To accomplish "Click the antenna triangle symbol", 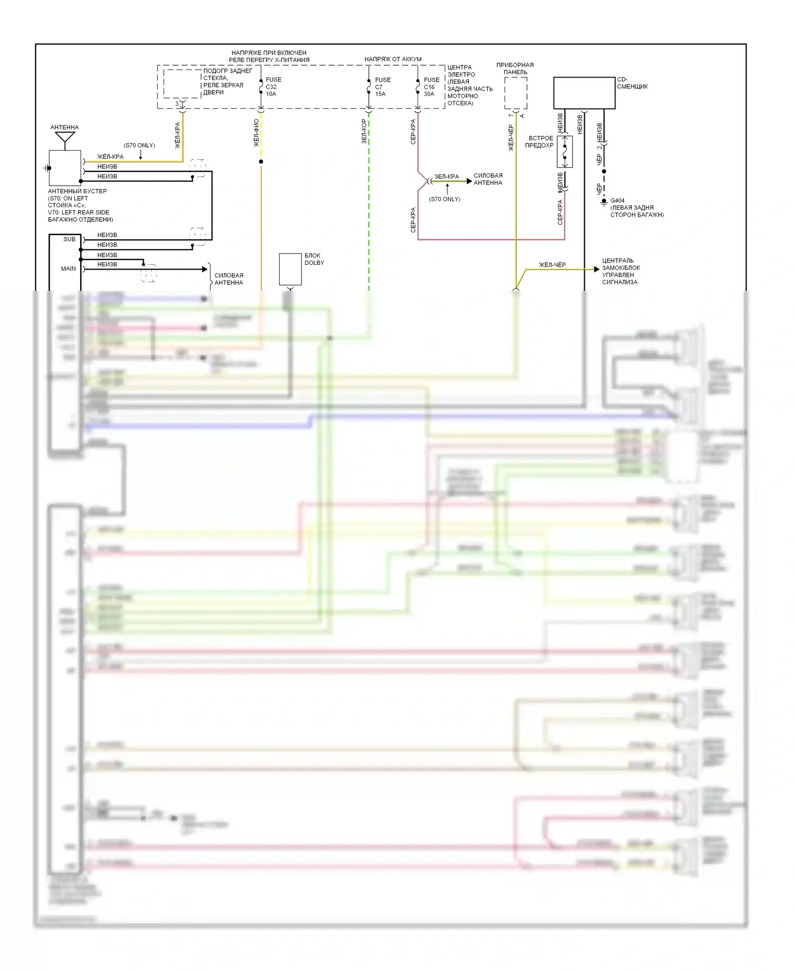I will [65, 137].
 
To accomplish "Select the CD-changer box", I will [584, 93].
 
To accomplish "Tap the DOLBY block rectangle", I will [290, 269].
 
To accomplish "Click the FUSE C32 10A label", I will [273, 86].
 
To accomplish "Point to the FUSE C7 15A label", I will [382, 86].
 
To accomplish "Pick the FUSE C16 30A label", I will [431, 86].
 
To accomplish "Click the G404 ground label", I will [617, 201].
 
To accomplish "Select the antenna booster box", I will [65, 168].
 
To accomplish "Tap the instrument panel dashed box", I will [515, 93].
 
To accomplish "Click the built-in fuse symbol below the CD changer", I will [565, 151].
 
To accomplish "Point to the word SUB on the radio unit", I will [70, 239].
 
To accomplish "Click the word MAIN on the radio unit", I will [68, 269].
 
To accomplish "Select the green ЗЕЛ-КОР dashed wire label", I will [364, 131].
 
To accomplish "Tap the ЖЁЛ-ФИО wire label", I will [256, 133].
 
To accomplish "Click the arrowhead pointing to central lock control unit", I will [596, 270].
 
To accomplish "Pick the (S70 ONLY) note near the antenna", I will [139, 145].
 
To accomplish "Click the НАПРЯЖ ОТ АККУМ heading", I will [393, 59].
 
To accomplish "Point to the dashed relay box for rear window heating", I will [182, 83].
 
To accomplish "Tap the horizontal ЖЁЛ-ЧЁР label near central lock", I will [552, 265].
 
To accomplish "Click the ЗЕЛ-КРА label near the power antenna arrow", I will [446, 177].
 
